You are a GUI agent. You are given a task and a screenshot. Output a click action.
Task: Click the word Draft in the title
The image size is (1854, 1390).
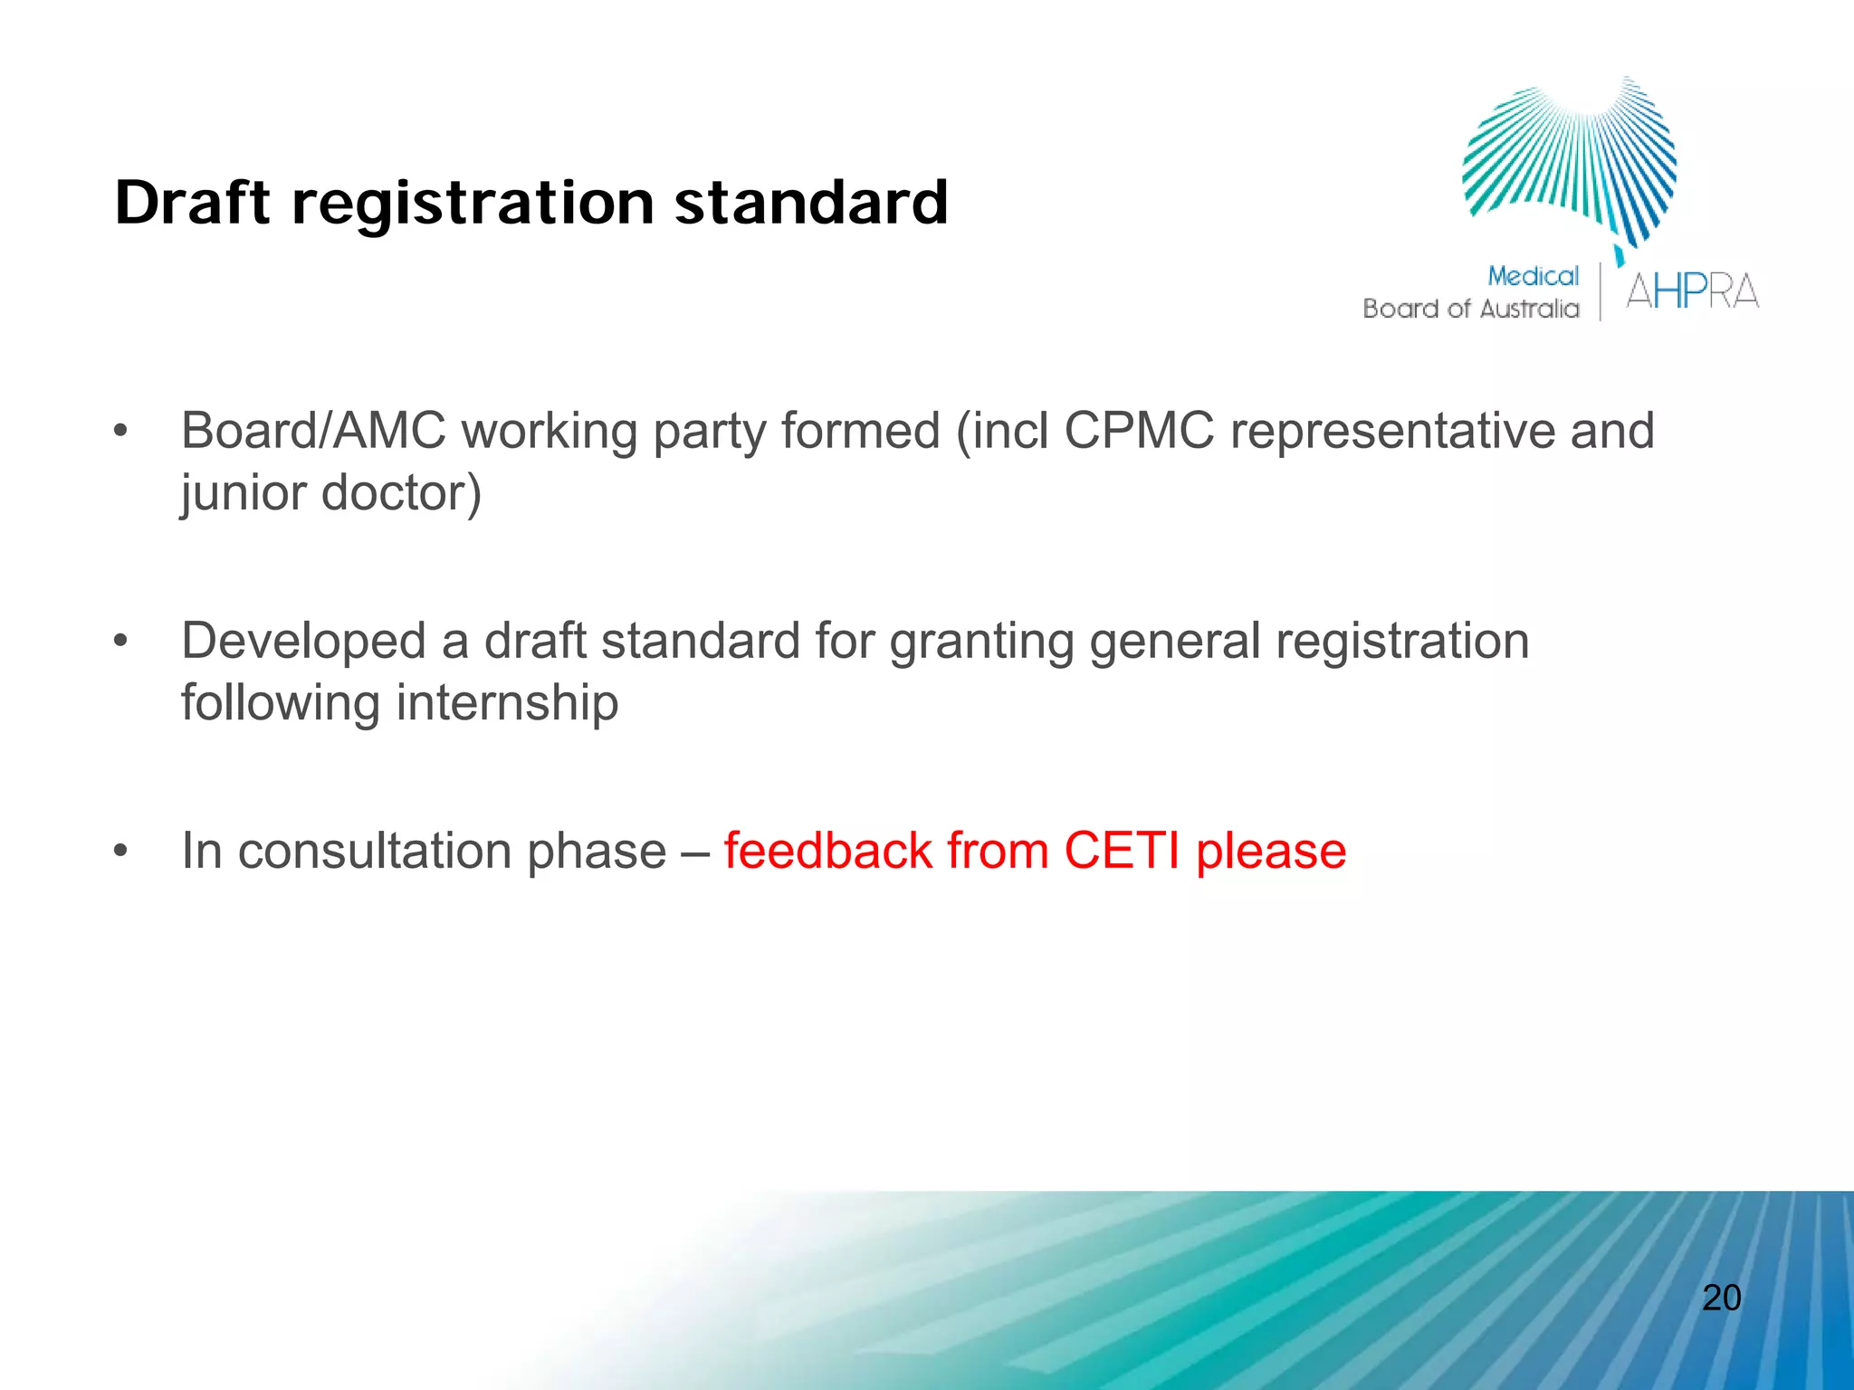click(192, 203)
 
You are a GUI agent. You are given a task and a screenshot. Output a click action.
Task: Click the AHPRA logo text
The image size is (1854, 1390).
click(1692, 292)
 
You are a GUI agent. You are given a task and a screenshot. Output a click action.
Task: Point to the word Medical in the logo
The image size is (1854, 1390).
click(1533, 276)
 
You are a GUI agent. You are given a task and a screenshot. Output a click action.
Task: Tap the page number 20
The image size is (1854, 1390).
click(1721, 1298)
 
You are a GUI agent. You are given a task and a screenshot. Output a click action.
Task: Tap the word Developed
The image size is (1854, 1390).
click(303, 641)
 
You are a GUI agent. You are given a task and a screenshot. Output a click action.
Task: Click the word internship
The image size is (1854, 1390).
click(507, 703)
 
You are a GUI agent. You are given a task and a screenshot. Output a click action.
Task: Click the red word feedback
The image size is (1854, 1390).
click(827, 851)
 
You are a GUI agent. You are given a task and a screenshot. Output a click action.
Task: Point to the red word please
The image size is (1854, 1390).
click(1271, 852)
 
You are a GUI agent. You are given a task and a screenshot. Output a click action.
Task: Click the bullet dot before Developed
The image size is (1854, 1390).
click(121, 642)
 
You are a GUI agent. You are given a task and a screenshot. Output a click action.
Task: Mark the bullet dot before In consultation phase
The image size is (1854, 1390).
click(121, 852)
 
